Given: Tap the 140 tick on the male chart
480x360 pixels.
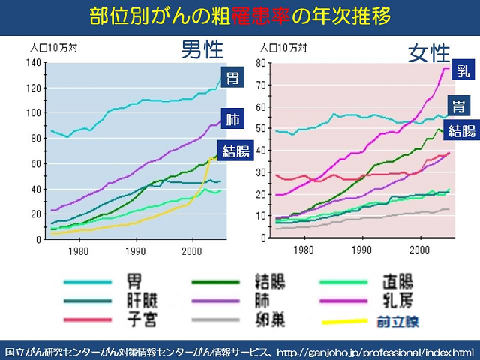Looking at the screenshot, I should point(31,62).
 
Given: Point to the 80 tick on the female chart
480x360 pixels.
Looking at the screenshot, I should point(262,62).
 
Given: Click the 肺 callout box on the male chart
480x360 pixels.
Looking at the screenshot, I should point(234,118).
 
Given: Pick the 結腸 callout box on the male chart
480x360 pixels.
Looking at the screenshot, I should point(233,151).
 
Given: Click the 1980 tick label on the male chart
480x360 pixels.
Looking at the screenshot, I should point(79,251).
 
